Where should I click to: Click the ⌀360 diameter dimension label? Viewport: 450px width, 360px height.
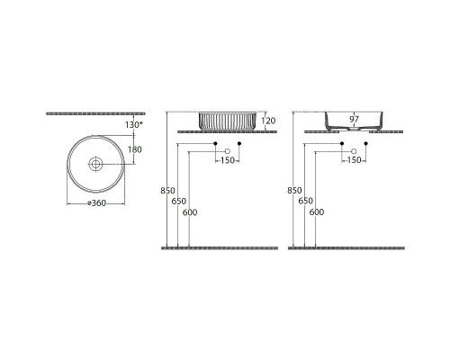click(96, 203)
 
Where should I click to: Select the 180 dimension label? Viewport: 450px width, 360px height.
click(135, 149)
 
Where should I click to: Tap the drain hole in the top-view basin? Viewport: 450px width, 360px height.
click(95, 164)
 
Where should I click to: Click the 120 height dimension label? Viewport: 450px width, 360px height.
click(268, 121)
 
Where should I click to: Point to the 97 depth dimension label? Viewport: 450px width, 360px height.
click(354, 119)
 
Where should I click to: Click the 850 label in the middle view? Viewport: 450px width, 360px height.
click(167, 191)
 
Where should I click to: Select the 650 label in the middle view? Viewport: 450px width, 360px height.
click(179, 201)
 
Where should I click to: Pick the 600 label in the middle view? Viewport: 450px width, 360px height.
click(190, 212)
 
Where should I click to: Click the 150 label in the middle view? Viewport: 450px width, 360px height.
click(228, 160)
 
